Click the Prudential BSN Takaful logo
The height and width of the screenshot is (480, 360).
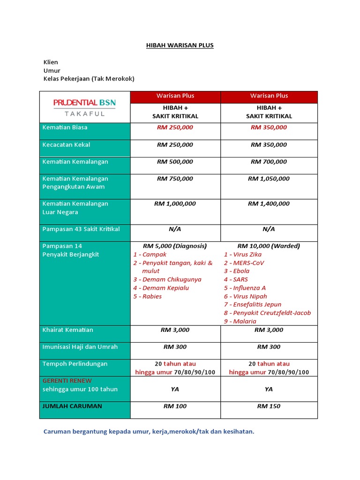pyautogui.click(x=84, y=107)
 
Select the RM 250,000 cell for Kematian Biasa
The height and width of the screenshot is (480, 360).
pyautogui.click(x=175, y=127)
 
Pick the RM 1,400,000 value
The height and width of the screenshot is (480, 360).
pyautogui.click(x=269, y=204)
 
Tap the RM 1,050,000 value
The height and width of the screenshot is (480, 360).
pyautogui.click(x=269, y=179)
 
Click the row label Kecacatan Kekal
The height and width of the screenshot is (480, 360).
pyautogui.click(x=66, y=145)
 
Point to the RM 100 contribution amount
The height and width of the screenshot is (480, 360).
pyautogui.click(x=175, y=406)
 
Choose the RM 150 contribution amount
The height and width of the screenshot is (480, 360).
pyautogui.click(x=269, y=406)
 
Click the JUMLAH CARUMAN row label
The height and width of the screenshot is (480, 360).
pyautogui.click(x=72, y=406)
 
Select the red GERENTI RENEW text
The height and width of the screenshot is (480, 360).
pyautogui.click(x=67, y=381)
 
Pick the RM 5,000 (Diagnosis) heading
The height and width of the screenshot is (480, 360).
pyautogui.click(x=175, y=246)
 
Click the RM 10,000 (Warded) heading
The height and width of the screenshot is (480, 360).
pyautogui.click(x=269, y=246)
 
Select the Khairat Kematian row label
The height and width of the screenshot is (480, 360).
pyautogui.click(x=67, y=330)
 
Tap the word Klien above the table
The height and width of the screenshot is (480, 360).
pyautogui.click(x=51, y=62)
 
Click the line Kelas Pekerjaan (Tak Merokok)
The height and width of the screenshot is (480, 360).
pyautogui.click(x=89, y=79)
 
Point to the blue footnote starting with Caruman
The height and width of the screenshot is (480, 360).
pyautogui.click(x=149, y=432)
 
